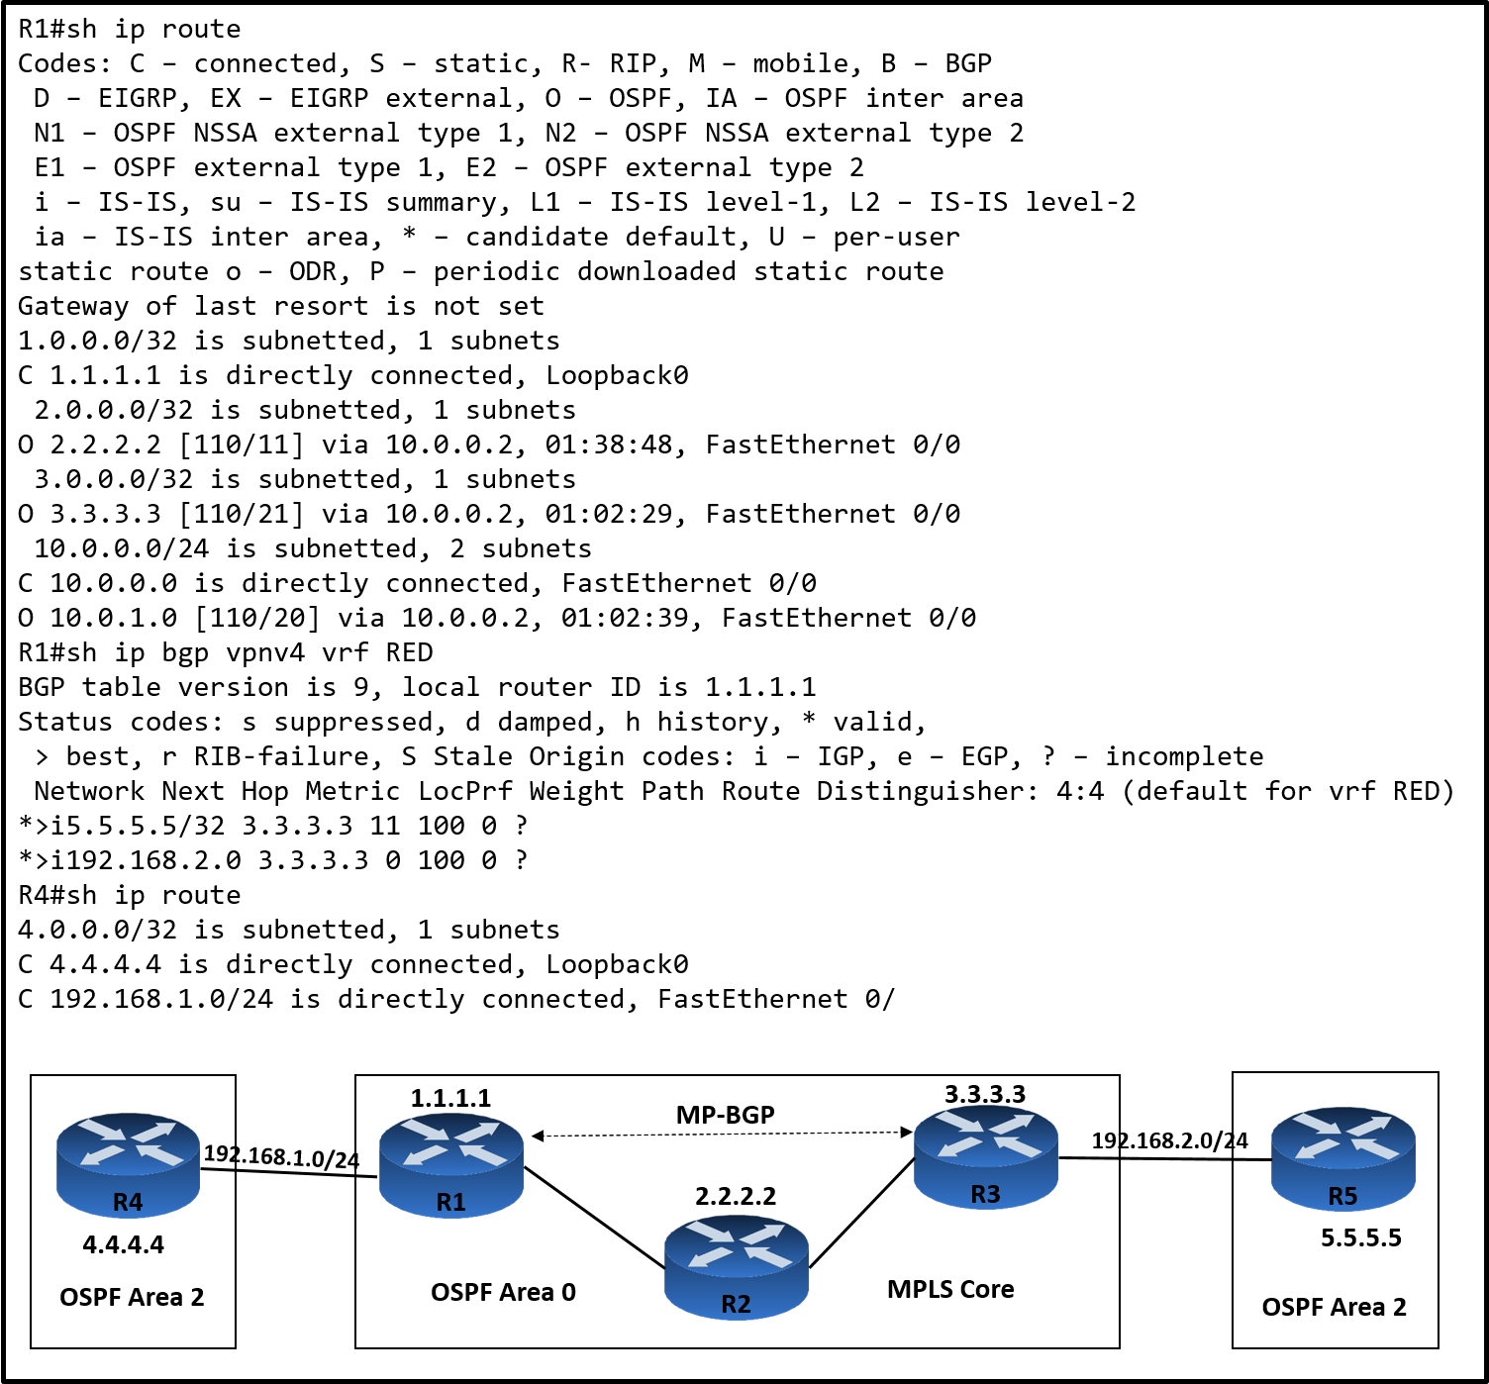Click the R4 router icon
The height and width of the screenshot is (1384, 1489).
point(129,1164)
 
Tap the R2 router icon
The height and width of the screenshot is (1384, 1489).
point(736,1266)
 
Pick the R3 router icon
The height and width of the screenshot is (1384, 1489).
point(985,1157)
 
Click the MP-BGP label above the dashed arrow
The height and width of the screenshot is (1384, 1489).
point(725,1115)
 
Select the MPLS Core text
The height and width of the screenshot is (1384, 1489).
point(950,1289)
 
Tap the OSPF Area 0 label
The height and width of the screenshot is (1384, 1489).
point(503,1292)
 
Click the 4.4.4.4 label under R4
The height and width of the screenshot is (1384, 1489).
point(124,1244)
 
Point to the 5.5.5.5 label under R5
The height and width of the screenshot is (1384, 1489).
point(1361,1237)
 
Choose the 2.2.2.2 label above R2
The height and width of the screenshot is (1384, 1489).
point(736,1196)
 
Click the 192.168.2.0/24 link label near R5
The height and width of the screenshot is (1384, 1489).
point(1169,1140)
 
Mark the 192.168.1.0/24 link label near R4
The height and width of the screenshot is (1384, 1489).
point(281,1156)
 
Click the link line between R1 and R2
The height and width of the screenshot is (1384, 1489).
point(594,1218)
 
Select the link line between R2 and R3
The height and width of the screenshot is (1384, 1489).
point(861,1215)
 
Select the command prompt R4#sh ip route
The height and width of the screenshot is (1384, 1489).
point(130,895)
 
